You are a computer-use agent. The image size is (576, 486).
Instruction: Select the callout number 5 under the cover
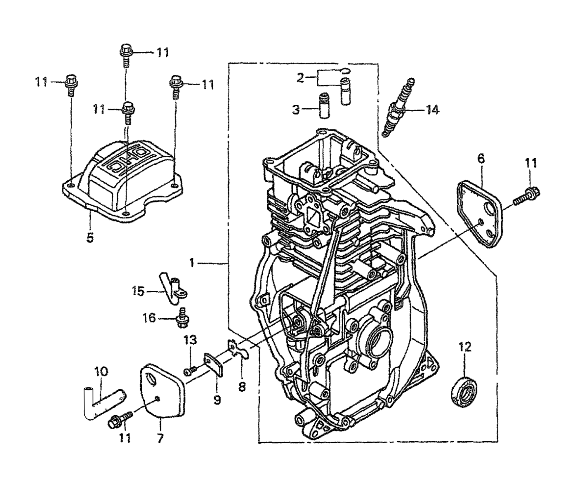pyautogui.click(x=90, y=238)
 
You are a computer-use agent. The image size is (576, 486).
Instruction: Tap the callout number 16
pyautogui.click(x=149, y=318)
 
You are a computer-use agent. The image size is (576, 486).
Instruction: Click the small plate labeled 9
pyautogui.click(x=213, y=364)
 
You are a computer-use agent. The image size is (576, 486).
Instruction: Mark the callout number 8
pyautogui.click(x=241, y=386)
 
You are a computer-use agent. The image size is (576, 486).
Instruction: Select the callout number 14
pyautogui.click(x=432, y=110)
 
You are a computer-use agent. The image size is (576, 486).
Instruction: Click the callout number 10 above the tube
pyautogui.click(x=101, y=372)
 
